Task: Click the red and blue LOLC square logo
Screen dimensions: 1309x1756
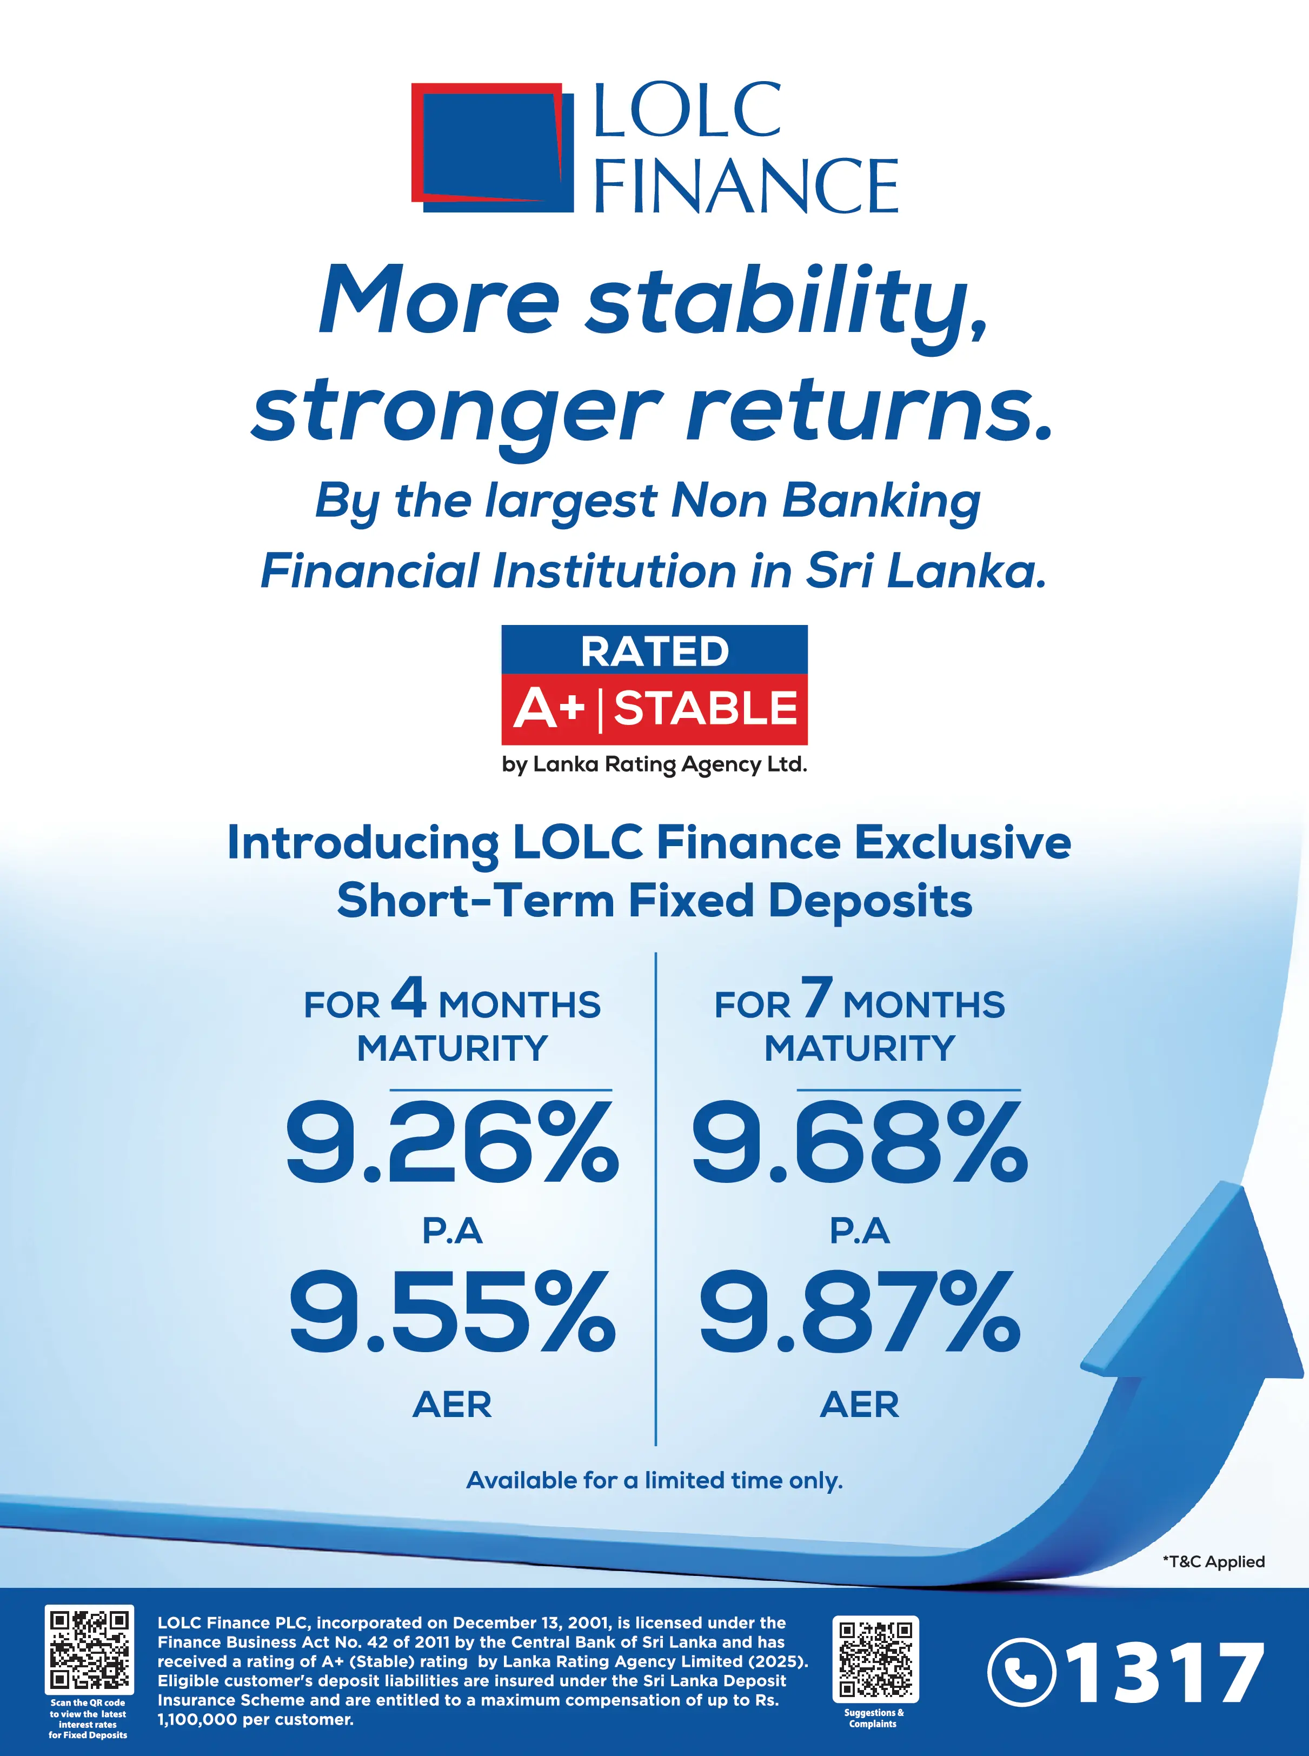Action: click(492, 148)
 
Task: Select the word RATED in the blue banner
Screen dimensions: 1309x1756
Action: click(654, 651)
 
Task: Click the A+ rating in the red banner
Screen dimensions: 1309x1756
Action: click(549, 708)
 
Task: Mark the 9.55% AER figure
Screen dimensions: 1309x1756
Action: click(451, 1312)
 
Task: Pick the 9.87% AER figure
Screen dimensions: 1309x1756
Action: click(860, 1312)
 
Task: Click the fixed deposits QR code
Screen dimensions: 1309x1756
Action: click(89, 1649)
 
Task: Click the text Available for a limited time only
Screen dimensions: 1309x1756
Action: click(654, 1480)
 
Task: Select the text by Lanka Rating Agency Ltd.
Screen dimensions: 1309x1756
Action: click(654, 764)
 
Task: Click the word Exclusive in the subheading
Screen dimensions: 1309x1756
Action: click(963, 842)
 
